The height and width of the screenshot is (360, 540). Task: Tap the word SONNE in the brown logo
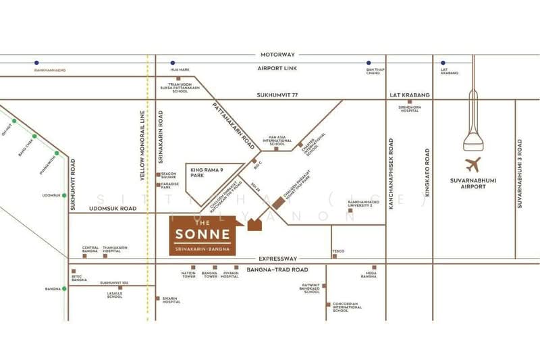pyautogui.click(x=202, y=235)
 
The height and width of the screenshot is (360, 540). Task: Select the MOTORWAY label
pyautogui.click(x=277, y=54)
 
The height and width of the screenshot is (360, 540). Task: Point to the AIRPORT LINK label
pyautogui.click(x=277, y=69)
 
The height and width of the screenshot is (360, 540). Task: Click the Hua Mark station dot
pyautogui.click(x=173, y=62)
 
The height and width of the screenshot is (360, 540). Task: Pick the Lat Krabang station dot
pyautogui.click(x=443, y=62)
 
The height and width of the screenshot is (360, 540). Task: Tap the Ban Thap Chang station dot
pyautogui.click(x=369, y=62)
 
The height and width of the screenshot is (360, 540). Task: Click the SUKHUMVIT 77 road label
pyautogui.click(x=277, y=96)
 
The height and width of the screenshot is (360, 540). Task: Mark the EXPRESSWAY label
pyautogui.click(x=277, y=259)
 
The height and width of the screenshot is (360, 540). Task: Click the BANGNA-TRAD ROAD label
pyautogui.click(x=277, y=270)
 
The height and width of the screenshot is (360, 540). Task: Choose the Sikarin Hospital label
pyautogui.click(x=171, y=300)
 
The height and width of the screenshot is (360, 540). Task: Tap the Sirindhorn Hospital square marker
pyautogui.click(x=409, y=102)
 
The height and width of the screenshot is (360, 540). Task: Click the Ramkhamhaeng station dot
pyautogui.click(x=36, y=62)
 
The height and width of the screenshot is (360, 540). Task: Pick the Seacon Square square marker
pyautogui.click(x=158, y=174)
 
